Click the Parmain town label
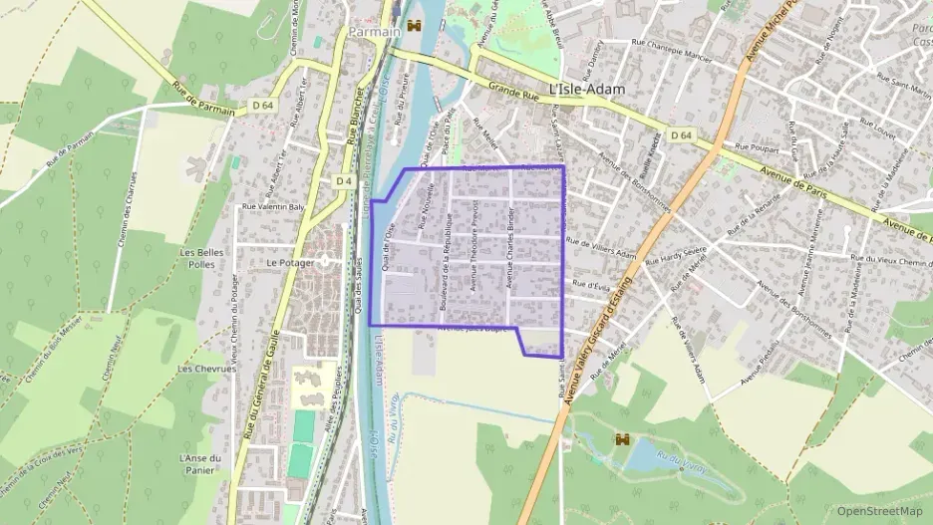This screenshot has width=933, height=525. tap(374, 32)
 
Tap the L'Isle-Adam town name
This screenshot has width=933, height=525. tap(587, 89)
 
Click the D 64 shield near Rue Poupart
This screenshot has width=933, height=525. tap(681, 134)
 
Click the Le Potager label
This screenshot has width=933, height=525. tap(290, 263)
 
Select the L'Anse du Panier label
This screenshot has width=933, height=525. tap(199, 464)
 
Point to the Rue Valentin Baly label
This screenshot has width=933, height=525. tap(273, 206)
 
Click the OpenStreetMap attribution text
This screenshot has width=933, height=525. tap(879, 511)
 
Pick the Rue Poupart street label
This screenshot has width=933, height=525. tap(755, 147)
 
